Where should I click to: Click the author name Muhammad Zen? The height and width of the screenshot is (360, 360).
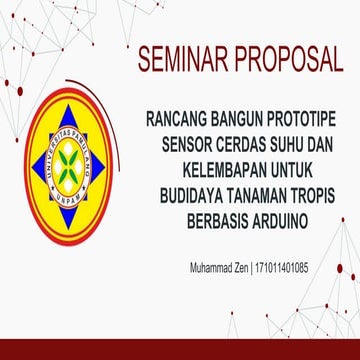click(218, 269)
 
